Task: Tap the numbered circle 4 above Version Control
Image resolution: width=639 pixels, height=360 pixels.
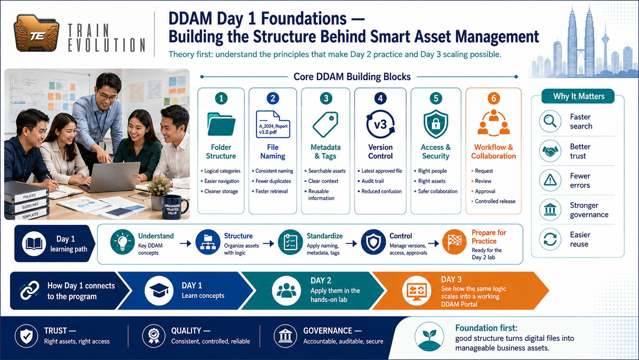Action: (x=380, y=98)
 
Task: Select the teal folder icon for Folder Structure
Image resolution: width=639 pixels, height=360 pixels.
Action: (x=221, y=124)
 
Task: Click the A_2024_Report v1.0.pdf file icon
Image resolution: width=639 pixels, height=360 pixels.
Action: (x=273, y=124)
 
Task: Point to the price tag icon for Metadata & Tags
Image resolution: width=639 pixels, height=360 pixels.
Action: (x=325, y=124)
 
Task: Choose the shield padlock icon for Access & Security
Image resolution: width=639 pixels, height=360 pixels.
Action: (x=436, y=124)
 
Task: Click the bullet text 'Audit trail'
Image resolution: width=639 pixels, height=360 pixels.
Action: (x=372, y=181)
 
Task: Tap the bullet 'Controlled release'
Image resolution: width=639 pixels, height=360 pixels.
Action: (x=495, y=201)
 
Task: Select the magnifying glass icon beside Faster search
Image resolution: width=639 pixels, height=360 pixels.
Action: (x=550, y=121)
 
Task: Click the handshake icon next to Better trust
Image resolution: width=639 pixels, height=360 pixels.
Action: (x=550, y=151)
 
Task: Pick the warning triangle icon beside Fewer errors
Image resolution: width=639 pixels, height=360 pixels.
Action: (x=550, y=180)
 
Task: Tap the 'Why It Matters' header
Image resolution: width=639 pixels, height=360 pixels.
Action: (x=578, y=96)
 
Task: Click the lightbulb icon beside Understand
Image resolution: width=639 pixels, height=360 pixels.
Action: (x=122, y=242)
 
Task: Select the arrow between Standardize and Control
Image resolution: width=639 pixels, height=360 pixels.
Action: (x=351, y=244)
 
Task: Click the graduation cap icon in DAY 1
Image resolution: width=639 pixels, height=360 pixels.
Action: (x=159, y=291)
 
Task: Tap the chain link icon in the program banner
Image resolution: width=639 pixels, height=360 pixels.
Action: (x=30, y=291)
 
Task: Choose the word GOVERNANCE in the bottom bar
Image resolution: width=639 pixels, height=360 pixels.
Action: (x=327, y=331)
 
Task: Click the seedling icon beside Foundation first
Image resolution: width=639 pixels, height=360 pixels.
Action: (x=429, y=336)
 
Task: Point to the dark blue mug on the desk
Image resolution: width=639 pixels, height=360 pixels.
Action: (x=174, y=207)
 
